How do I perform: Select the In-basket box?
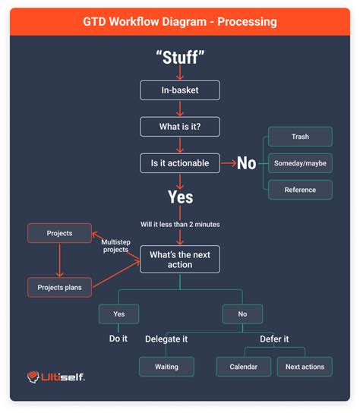180,90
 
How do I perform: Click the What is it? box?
180,127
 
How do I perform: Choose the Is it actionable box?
180,162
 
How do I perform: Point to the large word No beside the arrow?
246,163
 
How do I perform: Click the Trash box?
300,137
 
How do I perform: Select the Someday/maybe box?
300,162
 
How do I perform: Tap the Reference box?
300,189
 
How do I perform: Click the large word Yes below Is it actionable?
180,197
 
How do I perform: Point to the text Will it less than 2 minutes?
180,225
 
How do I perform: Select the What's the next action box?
180,259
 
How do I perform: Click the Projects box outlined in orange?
59,233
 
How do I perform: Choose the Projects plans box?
59,287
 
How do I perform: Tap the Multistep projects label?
116,245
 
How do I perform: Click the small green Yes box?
118,314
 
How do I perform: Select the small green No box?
242,314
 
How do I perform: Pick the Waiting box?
166,367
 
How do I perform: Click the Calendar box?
243,367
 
